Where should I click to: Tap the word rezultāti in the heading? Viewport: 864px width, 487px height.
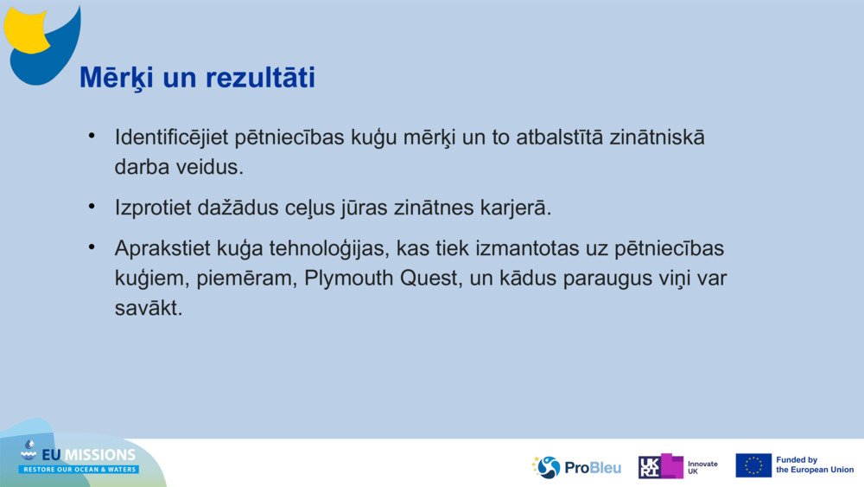(261, 78)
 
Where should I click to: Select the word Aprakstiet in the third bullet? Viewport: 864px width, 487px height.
(159, 249)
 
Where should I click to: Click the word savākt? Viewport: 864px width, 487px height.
(149, 308)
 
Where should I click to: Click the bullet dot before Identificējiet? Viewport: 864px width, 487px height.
(91, 137)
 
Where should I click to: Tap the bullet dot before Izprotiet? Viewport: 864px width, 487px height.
(91, 208)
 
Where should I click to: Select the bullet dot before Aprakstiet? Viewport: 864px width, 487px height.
(91, 248)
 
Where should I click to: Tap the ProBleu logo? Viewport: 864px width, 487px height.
(576, 467)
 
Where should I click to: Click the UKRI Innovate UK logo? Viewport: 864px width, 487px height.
(678, 466)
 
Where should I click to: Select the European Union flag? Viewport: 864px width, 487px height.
(753, 465)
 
